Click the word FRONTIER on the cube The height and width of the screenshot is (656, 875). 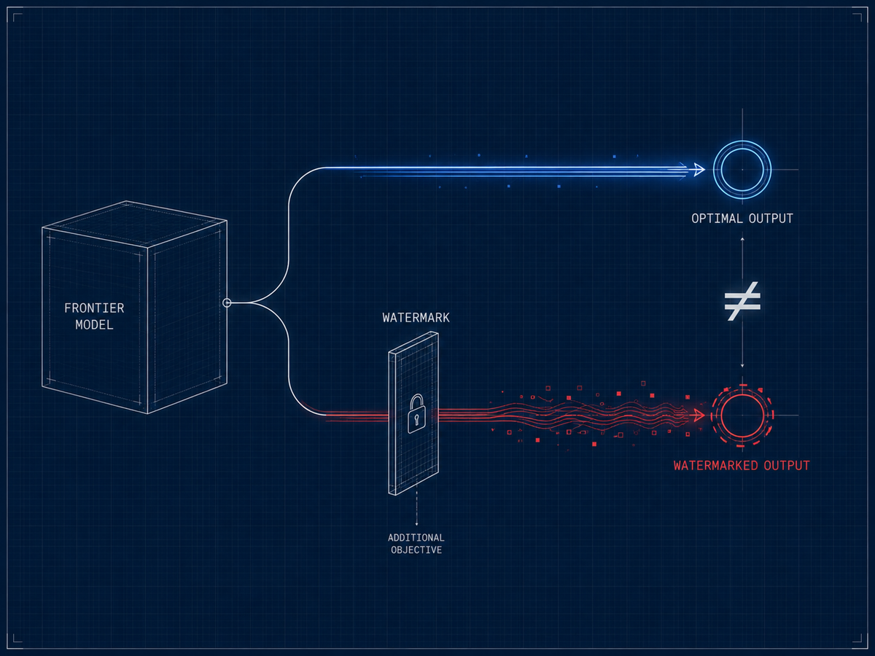[x=94, y=308]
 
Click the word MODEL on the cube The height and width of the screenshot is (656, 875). [x=95, y=325]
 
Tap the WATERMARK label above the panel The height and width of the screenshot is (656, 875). [x=416, y=318]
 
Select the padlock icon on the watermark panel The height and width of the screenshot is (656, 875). [x=416, y=413]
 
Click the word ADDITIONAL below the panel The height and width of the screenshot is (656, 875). [x=416, y=538]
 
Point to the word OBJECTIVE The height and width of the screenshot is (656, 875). [x=416, y=550]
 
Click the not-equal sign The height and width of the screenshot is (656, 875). [x=742, y=301]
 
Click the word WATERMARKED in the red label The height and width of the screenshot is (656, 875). [x=715, y=465]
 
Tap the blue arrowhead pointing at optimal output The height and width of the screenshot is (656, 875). [x=699, y=170]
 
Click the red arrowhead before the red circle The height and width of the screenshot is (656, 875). [x=699, y=415]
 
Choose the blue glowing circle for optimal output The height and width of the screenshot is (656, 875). [x=742, y=141]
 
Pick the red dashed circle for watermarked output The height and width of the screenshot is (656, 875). [x=742, y=386]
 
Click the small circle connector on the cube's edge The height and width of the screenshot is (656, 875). [x=227, y=302]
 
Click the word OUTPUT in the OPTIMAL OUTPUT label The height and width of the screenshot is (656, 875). [x=771, y=218]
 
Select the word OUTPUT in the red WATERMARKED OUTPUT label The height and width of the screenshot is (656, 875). [x=787, y=465]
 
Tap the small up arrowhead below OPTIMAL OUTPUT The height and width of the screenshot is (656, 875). [x=742, y=239]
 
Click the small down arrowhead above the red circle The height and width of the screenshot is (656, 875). [x=742, y=366]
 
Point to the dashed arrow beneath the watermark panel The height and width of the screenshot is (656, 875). [x=416, y=508]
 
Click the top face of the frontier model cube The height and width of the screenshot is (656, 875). [x=135, y=224]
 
